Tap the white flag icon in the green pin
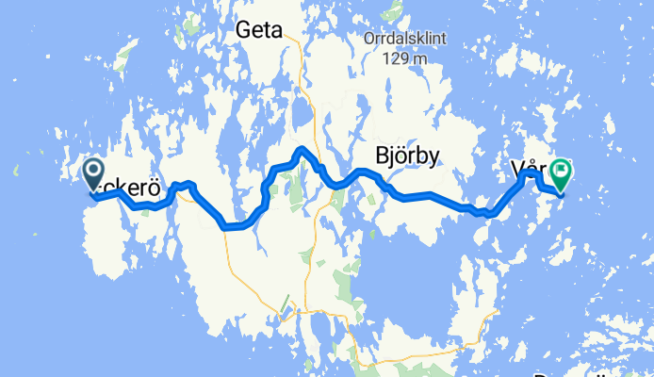pos(563,171)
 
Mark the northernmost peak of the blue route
pos(301,149)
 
